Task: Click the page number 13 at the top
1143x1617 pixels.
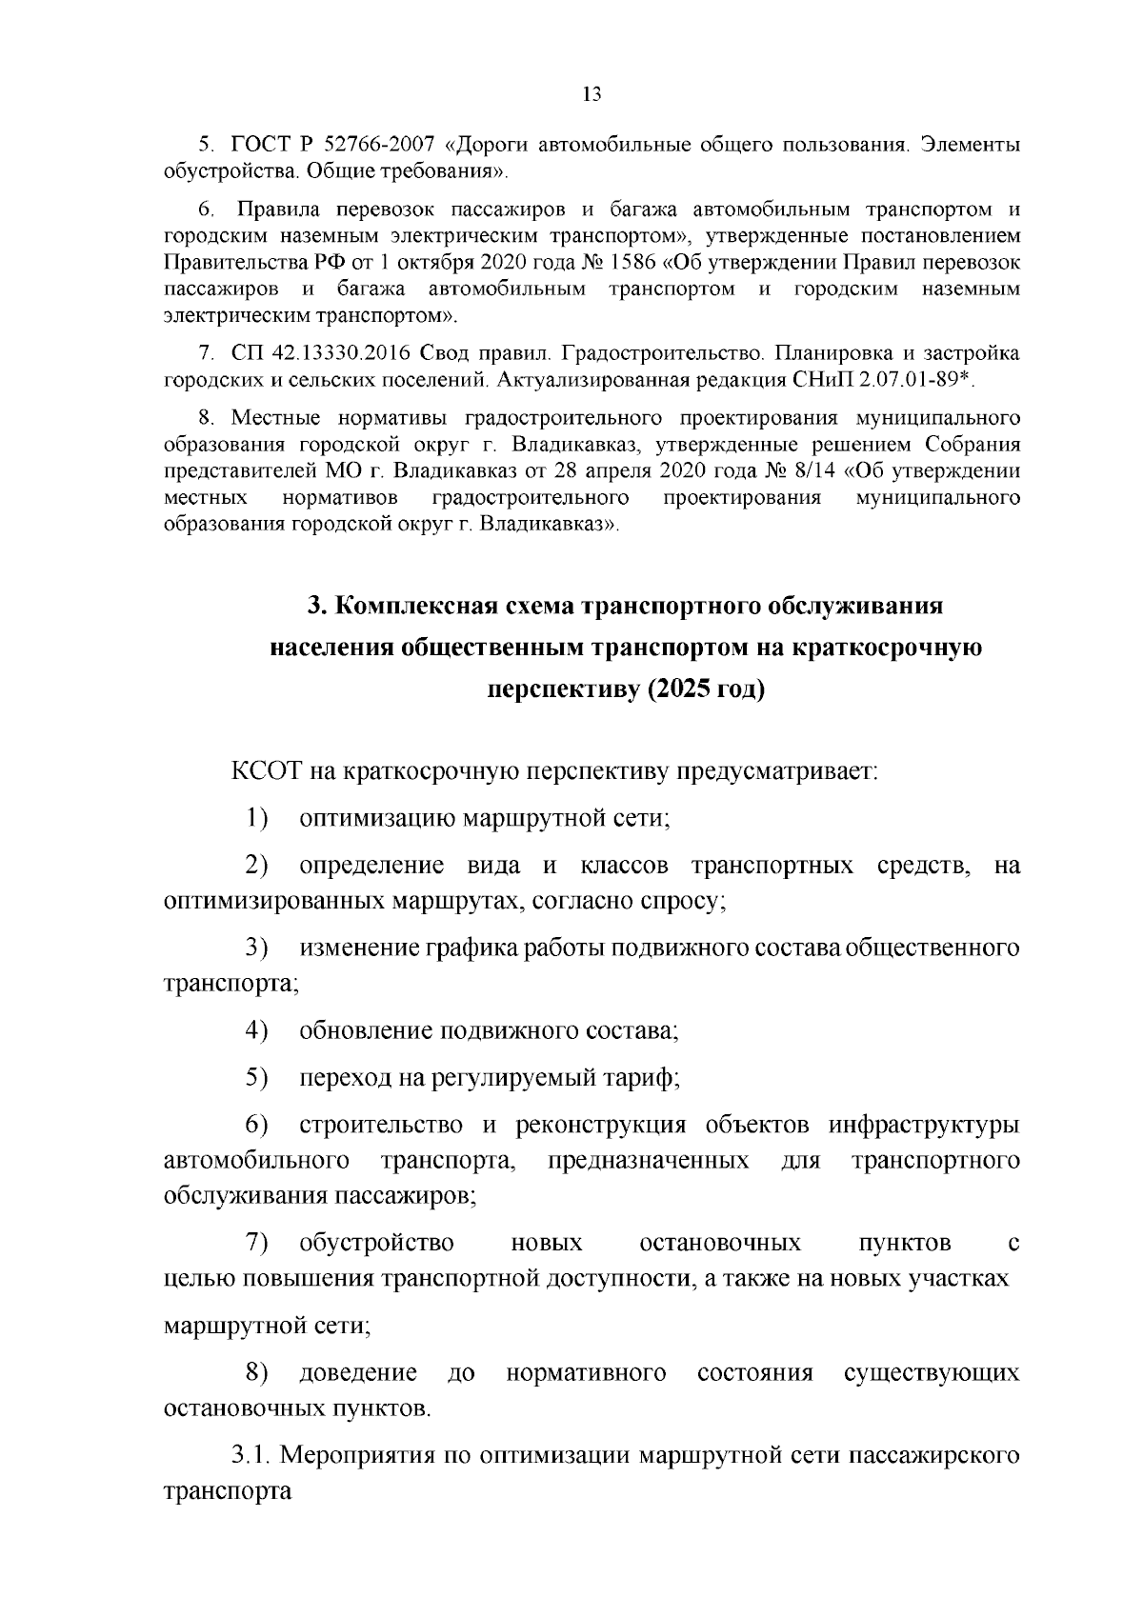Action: coord(591,93)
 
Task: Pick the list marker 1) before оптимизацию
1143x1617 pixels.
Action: coord(257,817)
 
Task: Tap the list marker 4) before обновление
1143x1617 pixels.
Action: coord(257,1030)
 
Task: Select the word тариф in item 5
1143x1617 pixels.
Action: coord(645,1078)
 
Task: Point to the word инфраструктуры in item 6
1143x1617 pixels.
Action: coord(924,1125)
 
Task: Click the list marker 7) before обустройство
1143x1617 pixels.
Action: coord(257,1243)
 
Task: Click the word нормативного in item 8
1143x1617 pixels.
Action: coord(586,1372)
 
